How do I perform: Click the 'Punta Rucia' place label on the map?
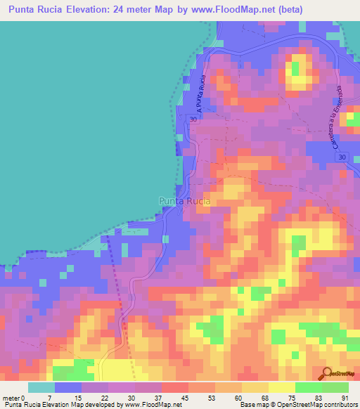[184, 201]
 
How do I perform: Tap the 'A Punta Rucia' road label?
[202, 93]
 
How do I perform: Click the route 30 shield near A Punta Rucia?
[193, 119]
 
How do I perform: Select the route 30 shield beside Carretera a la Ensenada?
[341, 157]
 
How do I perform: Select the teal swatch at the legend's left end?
[41, 387]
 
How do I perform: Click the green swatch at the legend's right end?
[335, 387]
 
